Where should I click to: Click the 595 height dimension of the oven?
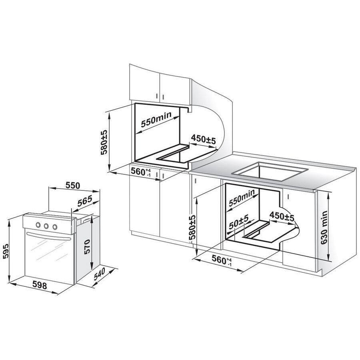coord(6,251)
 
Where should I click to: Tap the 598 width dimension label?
coord(40,285)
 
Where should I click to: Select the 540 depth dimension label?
coord(100,274)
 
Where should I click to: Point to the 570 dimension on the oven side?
coord(87,246)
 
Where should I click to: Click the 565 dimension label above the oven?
coord(84,201)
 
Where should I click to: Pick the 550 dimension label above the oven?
coord(73,186)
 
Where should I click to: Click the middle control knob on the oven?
coord(46,226)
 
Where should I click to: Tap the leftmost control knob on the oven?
coord(38,225)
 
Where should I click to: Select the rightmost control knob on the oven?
coord(55,227)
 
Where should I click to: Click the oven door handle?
coord(49,236)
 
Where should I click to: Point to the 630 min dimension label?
coord(324,228)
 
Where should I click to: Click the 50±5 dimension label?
coord(239,221)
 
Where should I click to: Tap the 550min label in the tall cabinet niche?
coord(156,119)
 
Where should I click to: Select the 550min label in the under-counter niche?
coord(242,198)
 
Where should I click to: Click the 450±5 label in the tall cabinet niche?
coord(204,139)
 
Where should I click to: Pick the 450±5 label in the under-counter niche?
coord(282,216)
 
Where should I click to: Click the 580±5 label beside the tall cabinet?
coord(104,142)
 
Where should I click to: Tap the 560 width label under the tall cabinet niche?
coord(140,172)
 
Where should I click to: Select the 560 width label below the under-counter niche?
coord(222,261)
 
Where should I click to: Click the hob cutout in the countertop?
coord(270,172)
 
